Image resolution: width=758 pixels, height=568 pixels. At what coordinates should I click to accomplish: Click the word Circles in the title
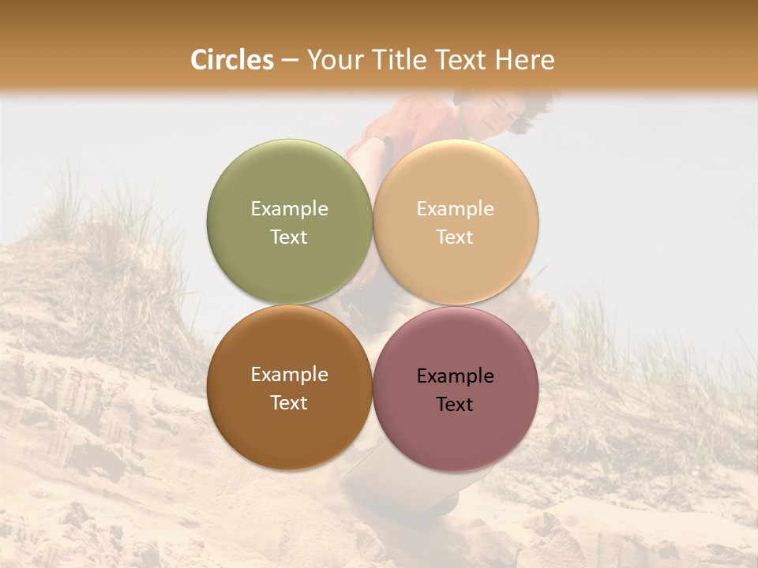[x=231, y=60]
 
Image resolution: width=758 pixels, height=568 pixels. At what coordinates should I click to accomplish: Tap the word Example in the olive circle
[x=289, y=209]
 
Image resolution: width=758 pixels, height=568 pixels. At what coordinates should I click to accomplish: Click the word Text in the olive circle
[x=289, y=237]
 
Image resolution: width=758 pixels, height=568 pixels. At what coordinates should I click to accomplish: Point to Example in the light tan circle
[x=455, y=209]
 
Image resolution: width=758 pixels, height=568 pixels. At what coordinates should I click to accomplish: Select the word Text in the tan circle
[x=455, y=237]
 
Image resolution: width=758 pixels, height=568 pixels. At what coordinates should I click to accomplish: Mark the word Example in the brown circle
[x=289, y=375]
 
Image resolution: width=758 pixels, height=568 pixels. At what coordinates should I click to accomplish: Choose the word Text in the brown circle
[x=289, y=403]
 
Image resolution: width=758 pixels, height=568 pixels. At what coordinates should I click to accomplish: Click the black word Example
[x=455, y=376]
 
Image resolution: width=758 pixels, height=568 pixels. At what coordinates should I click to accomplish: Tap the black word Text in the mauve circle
[x=455, y=405]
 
